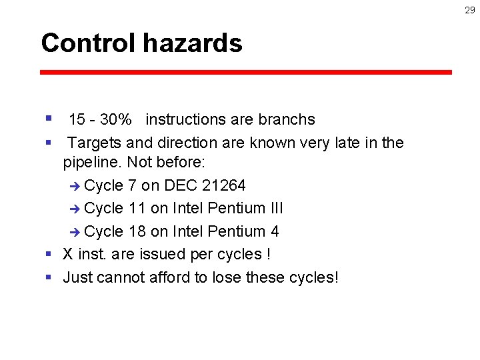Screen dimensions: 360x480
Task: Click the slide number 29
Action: pos(470,10)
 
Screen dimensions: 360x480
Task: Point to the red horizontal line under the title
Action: pos(246,72)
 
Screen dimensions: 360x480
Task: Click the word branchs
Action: pos(286,120)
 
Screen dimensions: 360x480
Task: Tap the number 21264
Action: pos(223,185)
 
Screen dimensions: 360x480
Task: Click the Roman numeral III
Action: pos(275,208)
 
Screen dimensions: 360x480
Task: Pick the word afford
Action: pos(167,277)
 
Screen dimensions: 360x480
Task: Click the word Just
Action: pos(77,277)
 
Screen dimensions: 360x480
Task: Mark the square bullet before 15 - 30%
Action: pos(49,119)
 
